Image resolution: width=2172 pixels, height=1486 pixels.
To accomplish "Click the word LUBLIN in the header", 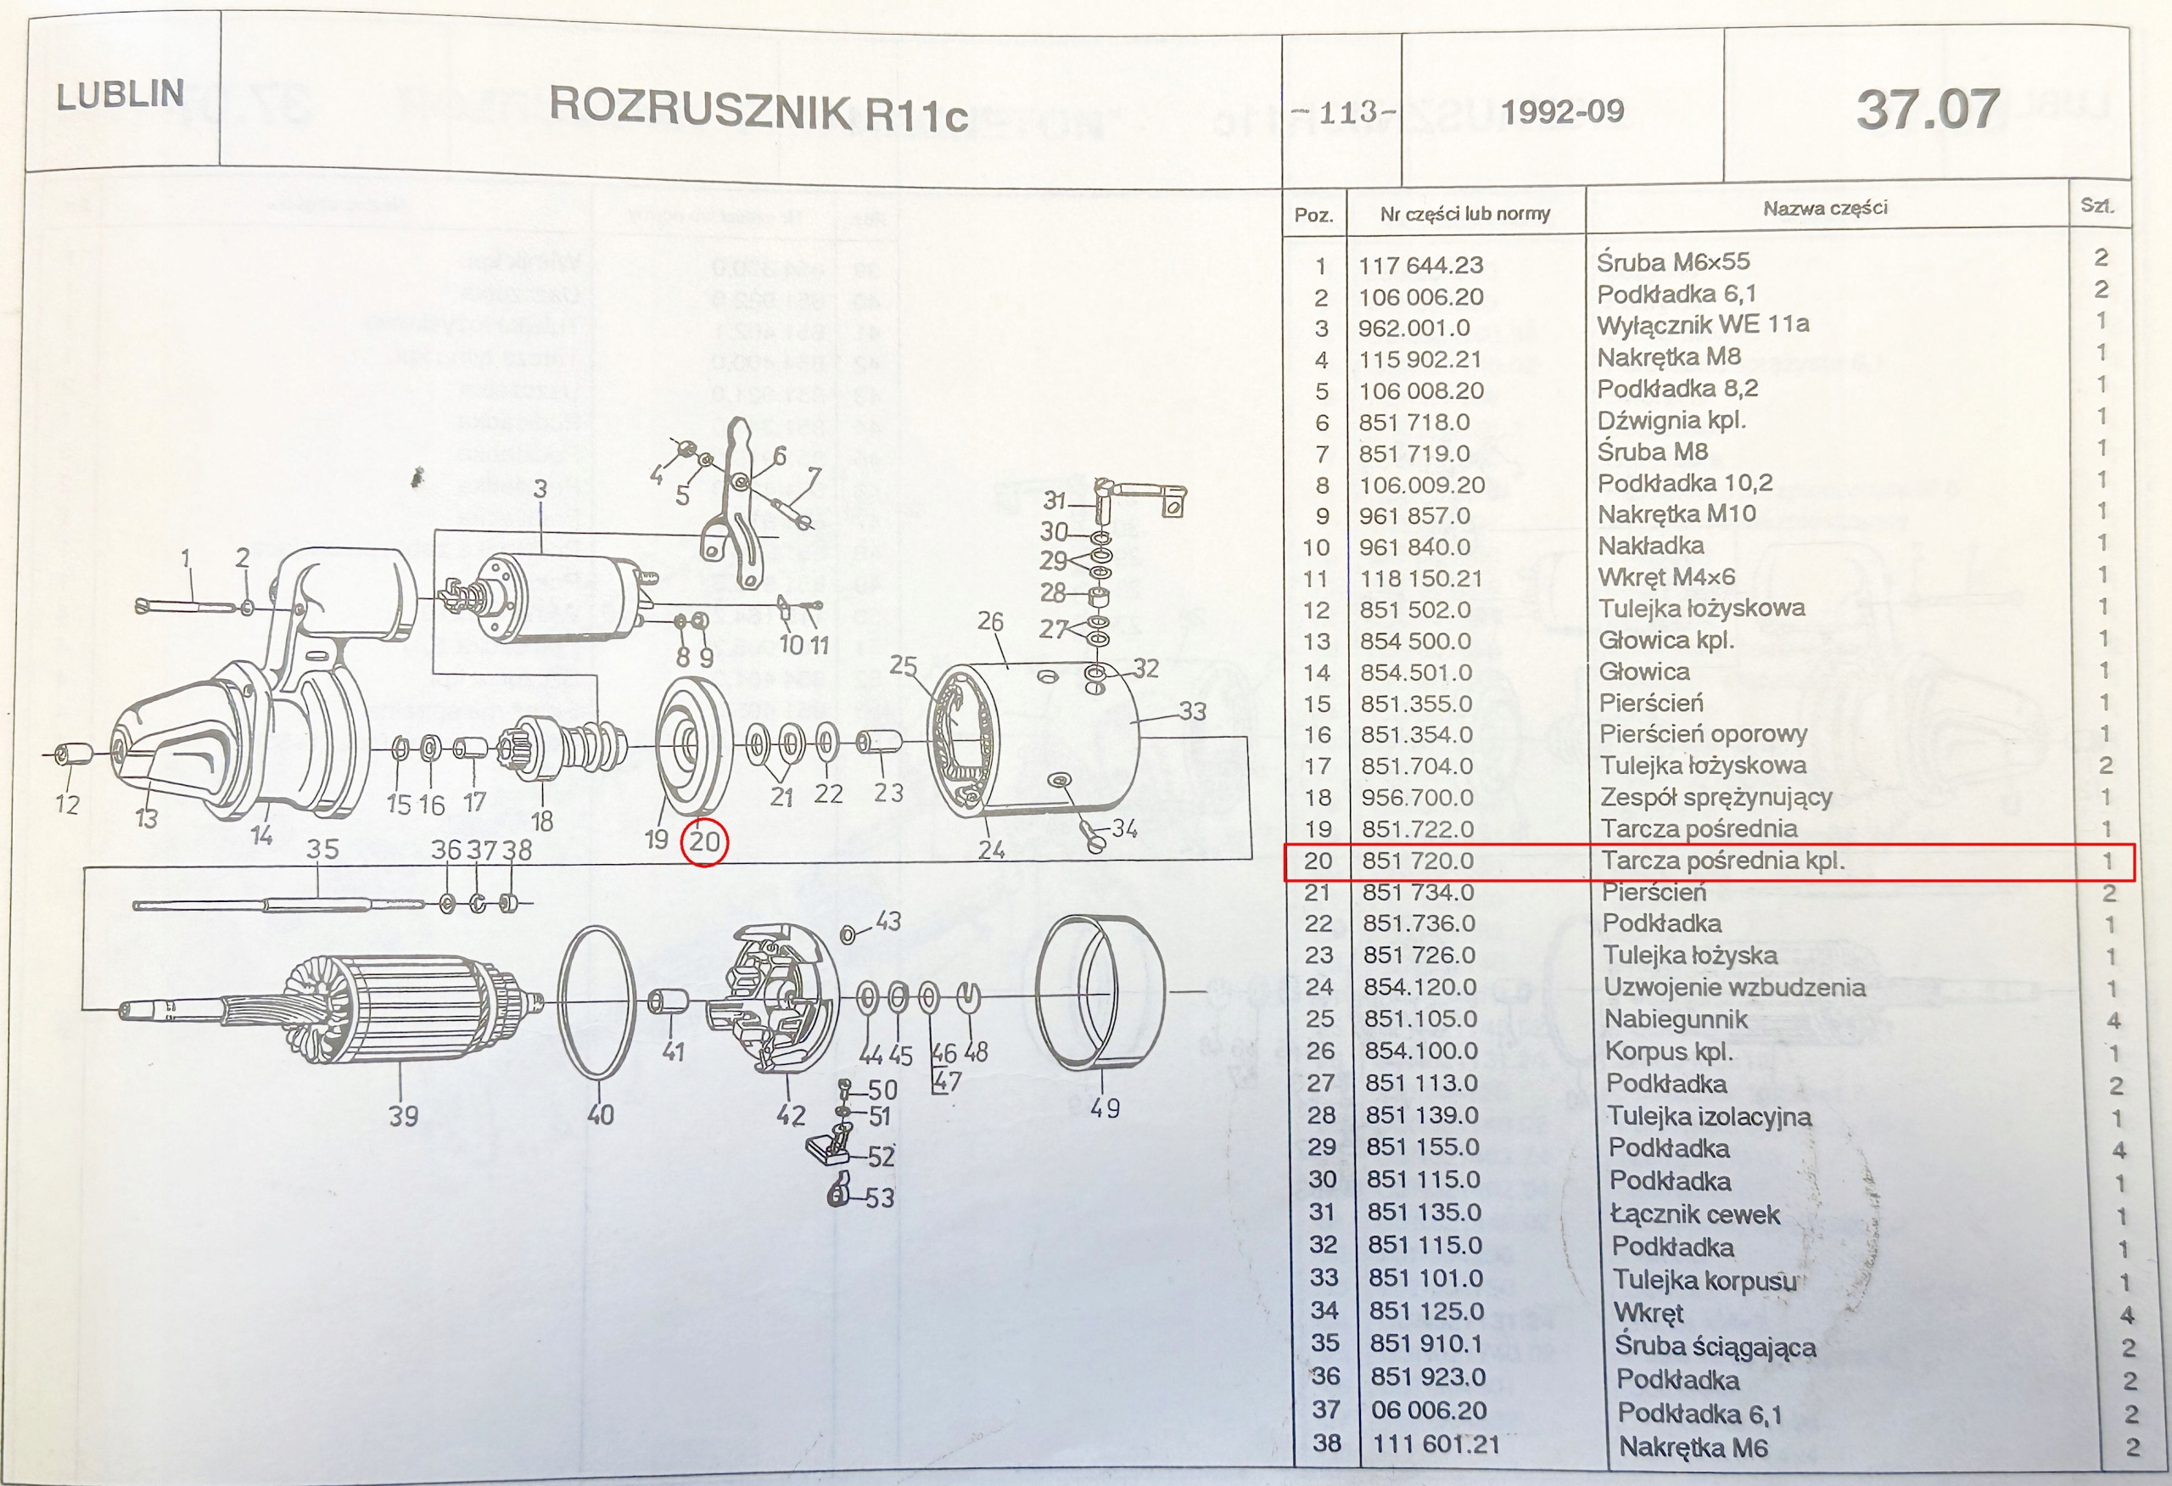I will tap(120, 94).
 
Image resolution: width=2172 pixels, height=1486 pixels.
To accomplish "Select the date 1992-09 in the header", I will tap(1563, 112).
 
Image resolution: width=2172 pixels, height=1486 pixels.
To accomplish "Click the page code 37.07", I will tap(1928, 109).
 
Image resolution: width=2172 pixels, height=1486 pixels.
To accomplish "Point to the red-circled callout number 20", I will tap(705, 841).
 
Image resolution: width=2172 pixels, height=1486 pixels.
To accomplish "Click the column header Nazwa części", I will tap(1824, 207).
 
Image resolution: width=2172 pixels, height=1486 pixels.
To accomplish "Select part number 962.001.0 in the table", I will tap(1414, 328).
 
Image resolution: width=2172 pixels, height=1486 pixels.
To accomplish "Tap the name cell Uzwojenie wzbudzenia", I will tap(1734, 987).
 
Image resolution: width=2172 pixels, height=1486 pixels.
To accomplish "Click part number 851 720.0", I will tap(1417, 861).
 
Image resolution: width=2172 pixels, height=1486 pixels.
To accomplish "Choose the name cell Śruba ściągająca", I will tap(1716, 1347).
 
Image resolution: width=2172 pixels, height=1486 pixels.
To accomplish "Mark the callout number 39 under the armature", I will tap(404, 1116).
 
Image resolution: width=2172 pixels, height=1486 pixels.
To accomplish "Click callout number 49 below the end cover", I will tap(1105, 1108).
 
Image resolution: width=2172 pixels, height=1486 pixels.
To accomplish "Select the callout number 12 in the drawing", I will tap(67, 804).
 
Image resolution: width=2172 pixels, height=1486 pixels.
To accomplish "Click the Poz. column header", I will tap(1314, 215).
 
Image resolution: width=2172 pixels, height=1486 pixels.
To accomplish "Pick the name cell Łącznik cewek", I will tap(1694, 1214).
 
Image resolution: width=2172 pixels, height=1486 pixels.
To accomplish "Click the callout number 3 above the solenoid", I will tap(540, 488).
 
